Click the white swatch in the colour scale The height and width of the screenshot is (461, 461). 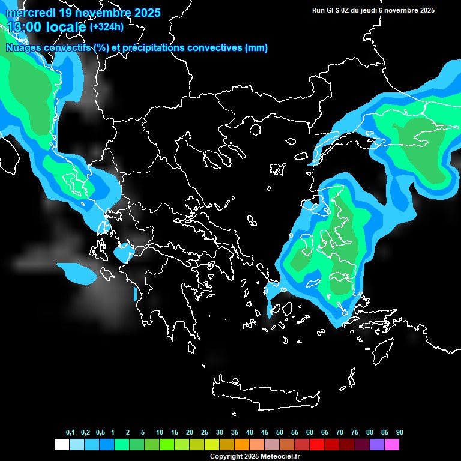[61, 444]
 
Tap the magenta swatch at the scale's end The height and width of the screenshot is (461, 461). [391, 444]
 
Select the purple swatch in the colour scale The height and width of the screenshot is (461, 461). [376, 444]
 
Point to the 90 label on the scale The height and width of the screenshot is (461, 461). [399, 432]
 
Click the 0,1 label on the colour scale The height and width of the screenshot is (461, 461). [70, 432]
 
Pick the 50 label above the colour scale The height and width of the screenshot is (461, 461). [280, 432]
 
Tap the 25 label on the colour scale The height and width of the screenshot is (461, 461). [205, 432]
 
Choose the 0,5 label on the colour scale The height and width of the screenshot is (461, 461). [100, 432]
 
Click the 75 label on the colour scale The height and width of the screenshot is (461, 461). [355, 432]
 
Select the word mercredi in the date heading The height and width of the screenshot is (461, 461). [29, 13]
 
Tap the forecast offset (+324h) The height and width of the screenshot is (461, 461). [106, 27]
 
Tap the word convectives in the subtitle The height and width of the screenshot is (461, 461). [215, 48]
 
